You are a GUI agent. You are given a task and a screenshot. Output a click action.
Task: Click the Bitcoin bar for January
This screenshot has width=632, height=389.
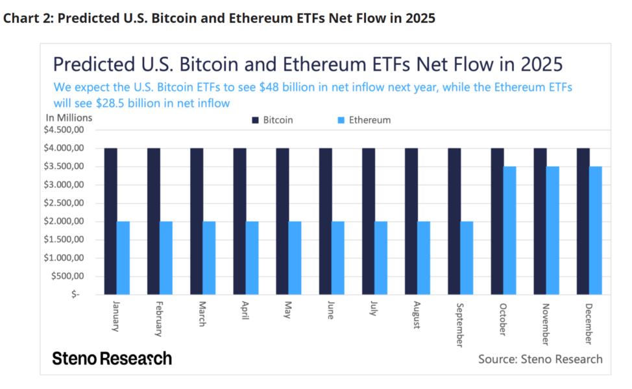[110, 221]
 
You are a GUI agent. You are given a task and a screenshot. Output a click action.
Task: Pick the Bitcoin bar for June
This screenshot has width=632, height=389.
[325, 221]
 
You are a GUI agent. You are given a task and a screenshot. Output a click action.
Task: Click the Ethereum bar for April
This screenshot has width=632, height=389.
[252, 257]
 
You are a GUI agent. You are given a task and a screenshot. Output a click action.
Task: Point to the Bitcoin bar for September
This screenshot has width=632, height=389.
[454, 221]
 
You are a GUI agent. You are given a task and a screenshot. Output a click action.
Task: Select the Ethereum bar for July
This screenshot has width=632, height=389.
[381, 257]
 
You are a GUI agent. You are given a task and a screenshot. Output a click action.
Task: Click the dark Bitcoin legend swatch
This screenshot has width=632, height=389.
[255, 120]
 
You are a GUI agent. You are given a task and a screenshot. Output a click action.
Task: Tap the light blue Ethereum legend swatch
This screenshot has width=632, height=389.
[341, 120]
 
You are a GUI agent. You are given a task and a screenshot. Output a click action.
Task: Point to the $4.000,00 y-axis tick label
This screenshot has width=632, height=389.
[66, 148]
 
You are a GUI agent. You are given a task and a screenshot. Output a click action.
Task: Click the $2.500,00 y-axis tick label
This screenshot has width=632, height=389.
[66, 203]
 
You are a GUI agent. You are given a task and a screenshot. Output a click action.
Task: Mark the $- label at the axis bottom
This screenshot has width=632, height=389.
[77, 294]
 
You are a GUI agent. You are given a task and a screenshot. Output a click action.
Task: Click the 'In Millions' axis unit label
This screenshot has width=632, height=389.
[69, 117]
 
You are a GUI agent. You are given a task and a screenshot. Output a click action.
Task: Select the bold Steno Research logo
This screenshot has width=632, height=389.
[112, 359]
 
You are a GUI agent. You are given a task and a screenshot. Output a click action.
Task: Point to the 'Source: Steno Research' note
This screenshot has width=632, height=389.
[540, 359]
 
